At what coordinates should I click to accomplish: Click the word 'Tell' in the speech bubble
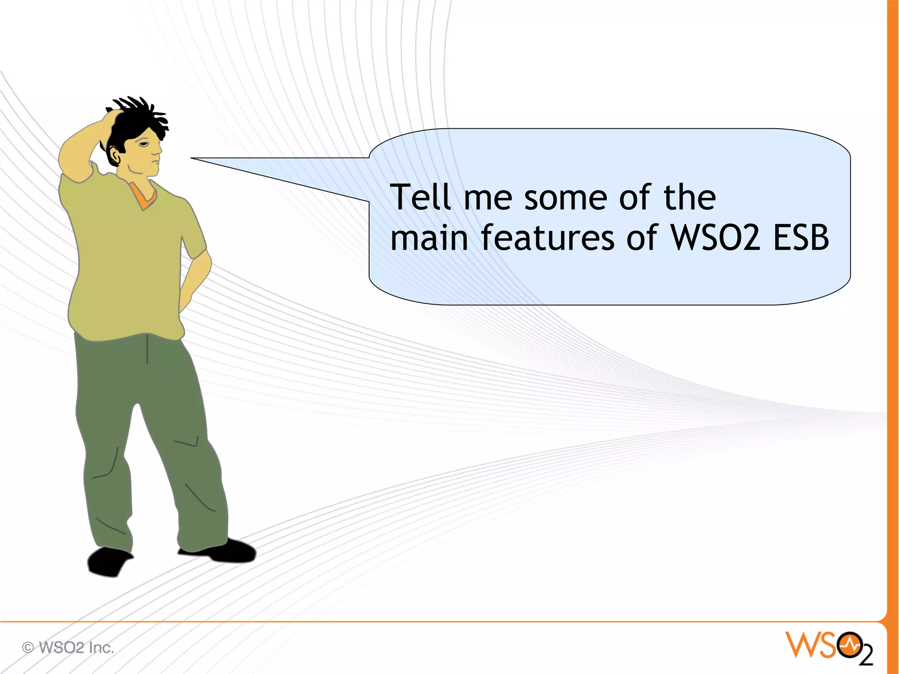coord(421,197)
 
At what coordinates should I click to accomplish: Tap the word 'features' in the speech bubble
coord(547,238)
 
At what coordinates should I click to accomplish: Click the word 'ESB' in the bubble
coord(801,238)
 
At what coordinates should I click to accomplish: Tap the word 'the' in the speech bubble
coord(690,197)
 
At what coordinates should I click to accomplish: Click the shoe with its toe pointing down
coord(108,562)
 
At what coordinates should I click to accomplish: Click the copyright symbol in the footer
coord(28,648)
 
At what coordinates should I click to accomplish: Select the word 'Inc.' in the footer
coord(101,648)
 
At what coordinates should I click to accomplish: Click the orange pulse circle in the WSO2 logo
coord(849,645)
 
